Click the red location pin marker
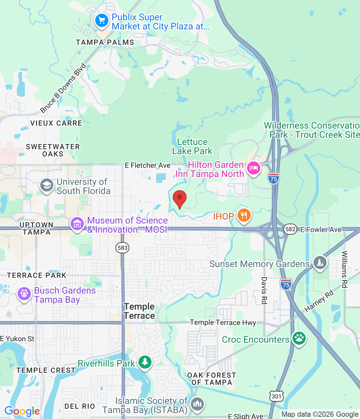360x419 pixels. (x=179, y=198)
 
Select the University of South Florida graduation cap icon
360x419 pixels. (x=46, y=185)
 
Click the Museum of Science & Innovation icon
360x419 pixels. (x=77, y=224)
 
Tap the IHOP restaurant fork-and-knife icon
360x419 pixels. (x=244, y=215)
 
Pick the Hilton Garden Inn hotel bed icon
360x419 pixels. (x=253, y=168)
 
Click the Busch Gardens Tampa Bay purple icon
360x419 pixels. (x=24, y=294)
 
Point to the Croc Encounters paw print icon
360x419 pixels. (x=299, y=338)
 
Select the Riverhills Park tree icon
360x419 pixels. (x=145, y=362)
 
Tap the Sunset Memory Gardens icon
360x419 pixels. (x=320, y=263)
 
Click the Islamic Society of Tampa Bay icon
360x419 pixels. (x=197, y=404)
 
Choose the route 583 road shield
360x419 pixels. (x=122, y=248)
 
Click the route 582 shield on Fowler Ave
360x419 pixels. (x=290, y=229)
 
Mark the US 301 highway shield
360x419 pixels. (x=276, y=396)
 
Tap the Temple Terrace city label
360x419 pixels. (x=139, y=311)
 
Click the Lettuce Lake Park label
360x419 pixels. (x=192, y=146)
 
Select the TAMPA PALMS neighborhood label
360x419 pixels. (x=105, y=42)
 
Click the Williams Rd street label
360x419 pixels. (x=344, y=269)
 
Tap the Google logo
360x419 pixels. (x=22, y=411)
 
